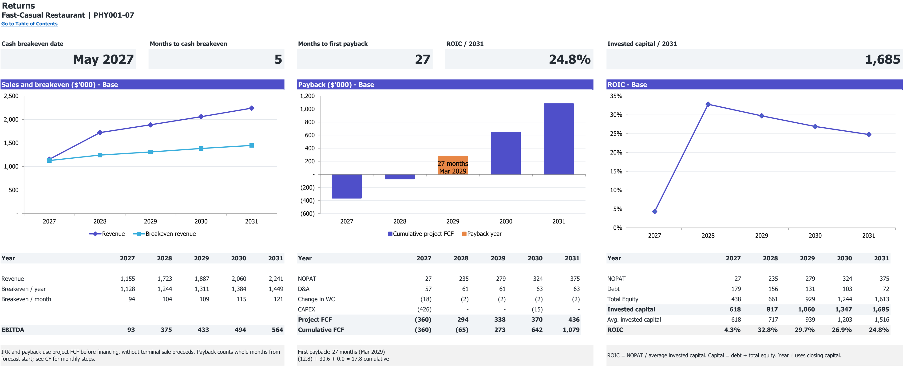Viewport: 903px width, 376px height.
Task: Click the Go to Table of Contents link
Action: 29,24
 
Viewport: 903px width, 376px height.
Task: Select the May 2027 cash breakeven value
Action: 103,59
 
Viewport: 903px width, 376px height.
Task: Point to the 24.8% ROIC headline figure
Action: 570,59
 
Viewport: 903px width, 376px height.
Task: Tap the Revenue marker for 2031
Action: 251,108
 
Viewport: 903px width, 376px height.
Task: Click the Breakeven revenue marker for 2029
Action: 150,152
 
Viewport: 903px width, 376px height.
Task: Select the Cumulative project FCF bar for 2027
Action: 347,186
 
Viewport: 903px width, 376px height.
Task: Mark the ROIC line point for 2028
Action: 708,104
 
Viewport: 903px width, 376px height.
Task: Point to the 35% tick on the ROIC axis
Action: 616,96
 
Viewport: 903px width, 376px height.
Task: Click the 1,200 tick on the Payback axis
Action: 307,96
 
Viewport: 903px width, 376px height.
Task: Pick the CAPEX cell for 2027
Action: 424,309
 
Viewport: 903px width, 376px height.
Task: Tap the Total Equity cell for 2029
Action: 808,299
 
